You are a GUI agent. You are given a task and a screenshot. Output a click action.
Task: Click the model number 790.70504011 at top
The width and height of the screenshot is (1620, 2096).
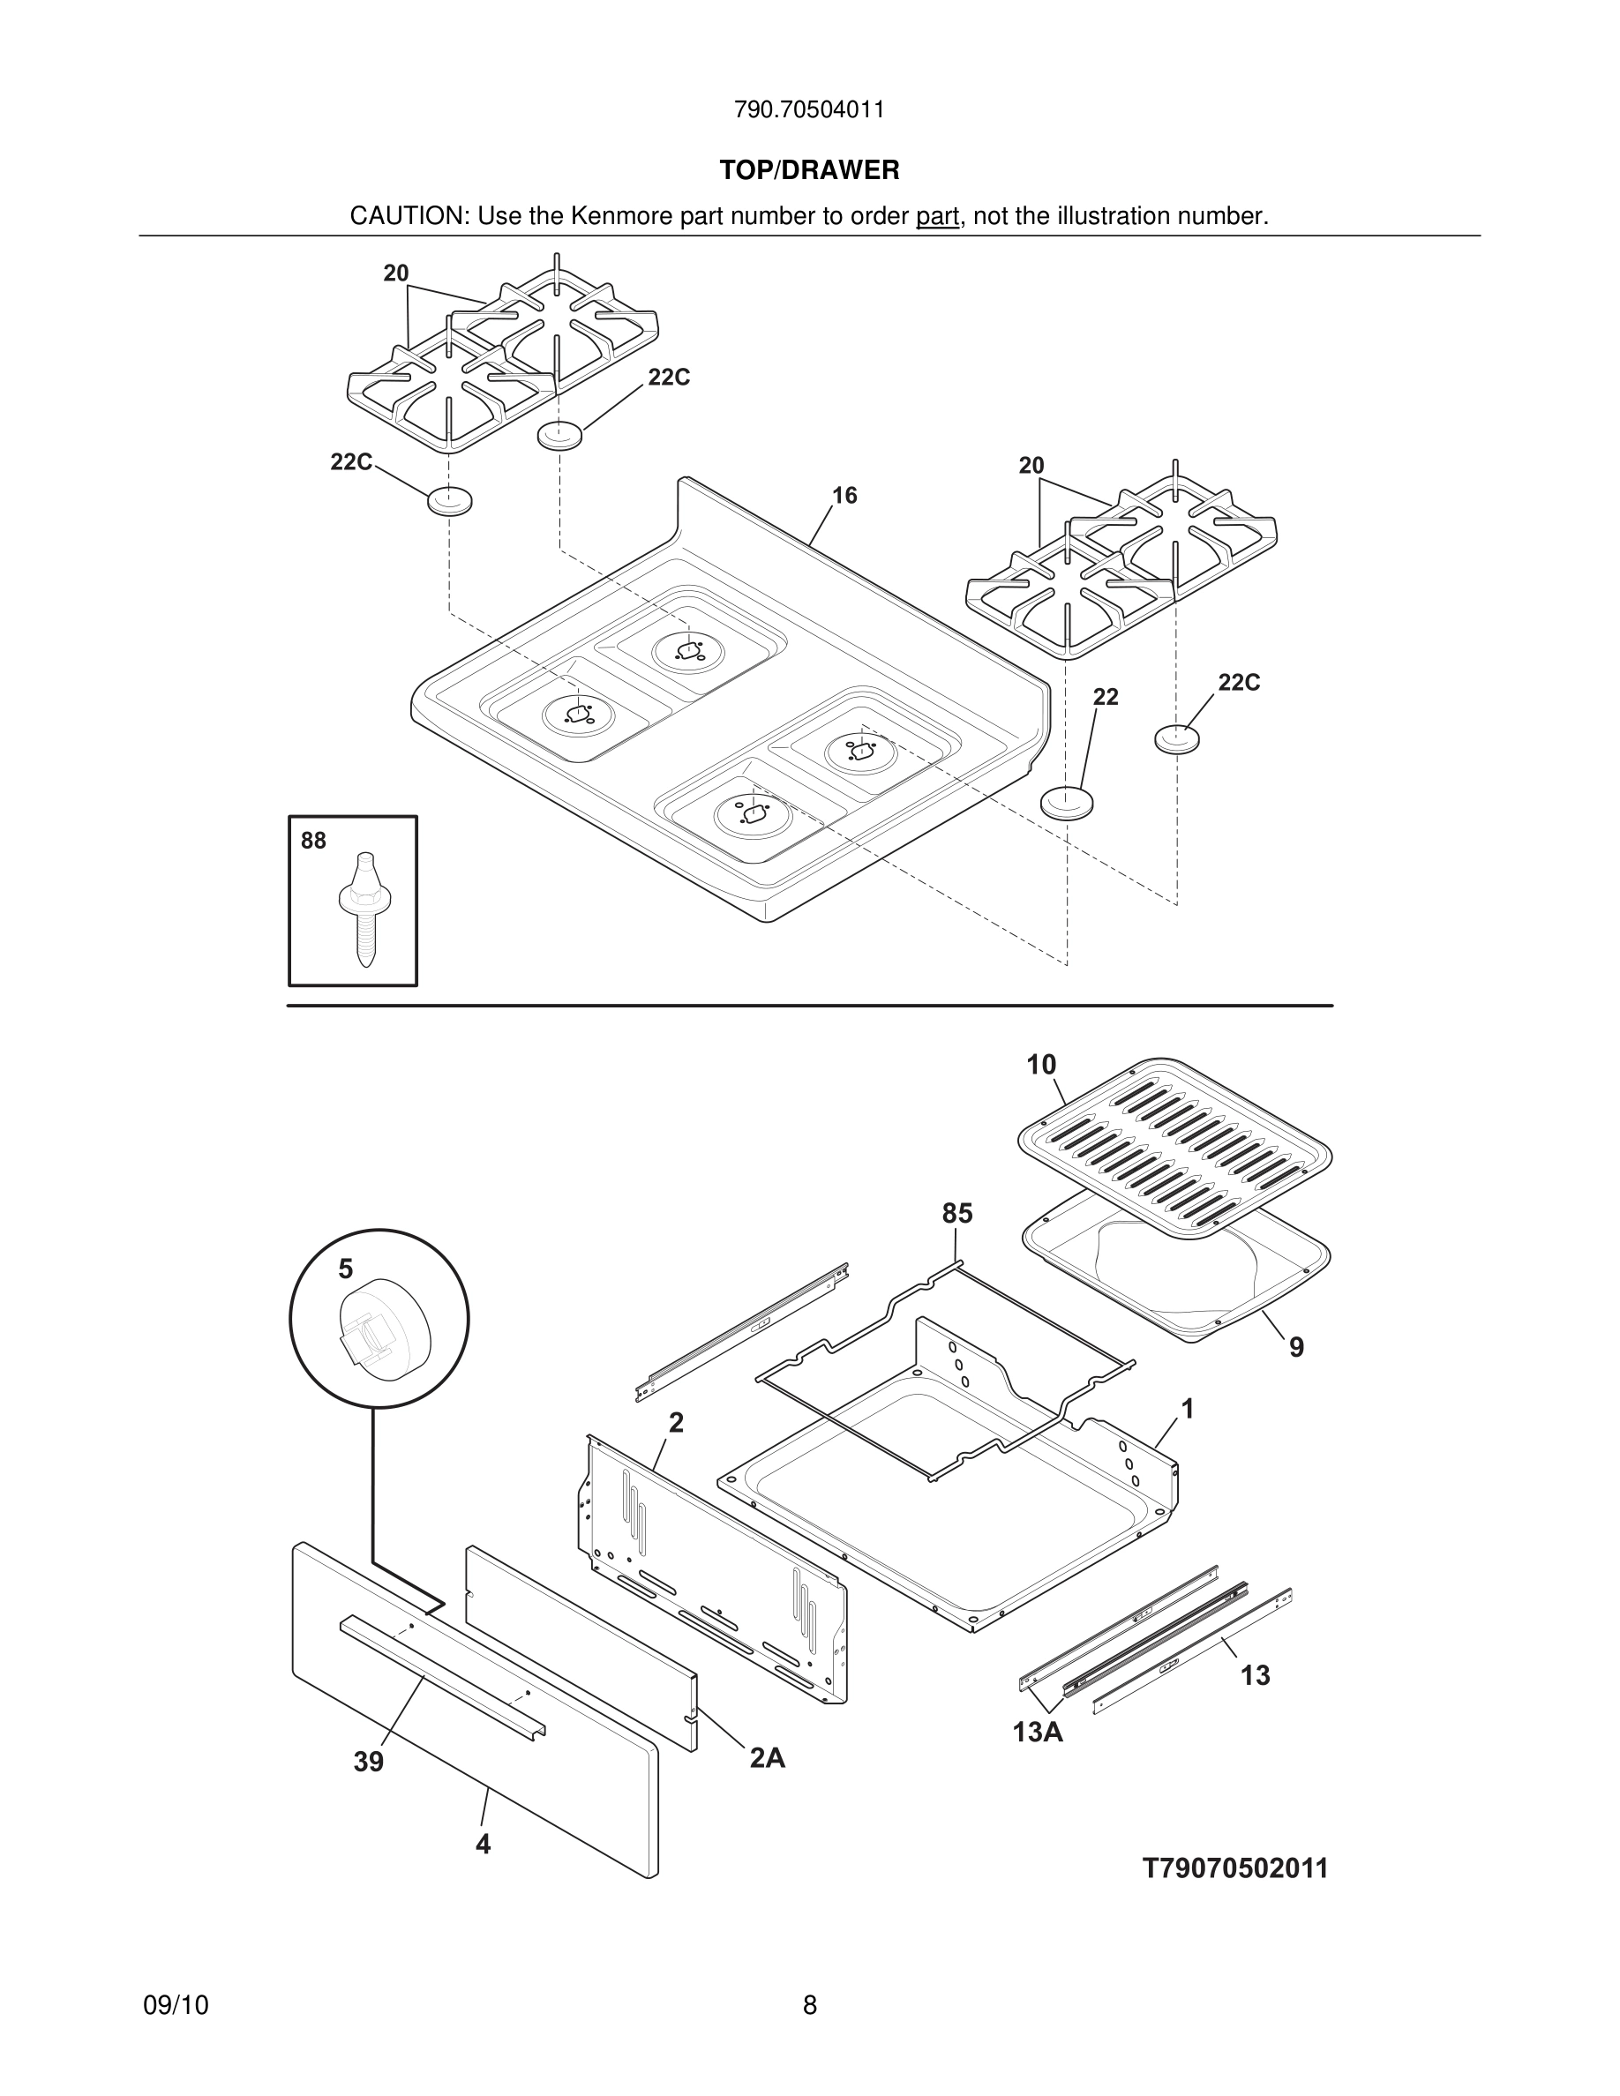point(809,109)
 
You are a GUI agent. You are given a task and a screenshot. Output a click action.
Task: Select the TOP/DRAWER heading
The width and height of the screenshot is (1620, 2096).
point(809,171)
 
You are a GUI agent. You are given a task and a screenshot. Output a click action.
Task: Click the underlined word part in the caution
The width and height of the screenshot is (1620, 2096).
point(937,217)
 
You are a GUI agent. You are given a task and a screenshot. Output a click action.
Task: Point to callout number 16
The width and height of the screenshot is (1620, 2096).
point(844,495)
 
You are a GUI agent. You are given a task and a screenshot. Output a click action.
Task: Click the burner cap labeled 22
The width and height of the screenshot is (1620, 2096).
point(1066,801)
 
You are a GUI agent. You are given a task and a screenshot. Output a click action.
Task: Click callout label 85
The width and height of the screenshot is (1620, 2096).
point(956,1214)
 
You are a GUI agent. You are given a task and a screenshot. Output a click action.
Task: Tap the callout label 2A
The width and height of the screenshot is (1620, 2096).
point(767,1758)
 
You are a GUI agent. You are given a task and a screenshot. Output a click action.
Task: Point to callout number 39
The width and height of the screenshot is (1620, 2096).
point(369,1762)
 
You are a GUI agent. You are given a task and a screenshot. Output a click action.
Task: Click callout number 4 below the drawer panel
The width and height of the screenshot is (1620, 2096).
point(483,1845)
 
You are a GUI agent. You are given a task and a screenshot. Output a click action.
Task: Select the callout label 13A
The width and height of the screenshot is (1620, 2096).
point(1038,1733)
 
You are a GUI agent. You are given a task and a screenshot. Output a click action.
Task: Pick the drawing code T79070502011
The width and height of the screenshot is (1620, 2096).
point(1235,1868)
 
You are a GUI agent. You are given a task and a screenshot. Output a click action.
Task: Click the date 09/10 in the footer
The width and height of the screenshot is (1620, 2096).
point(176,2006)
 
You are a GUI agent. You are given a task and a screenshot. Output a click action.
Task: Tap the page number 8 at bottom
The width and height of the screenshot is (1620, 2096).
point(809,2006)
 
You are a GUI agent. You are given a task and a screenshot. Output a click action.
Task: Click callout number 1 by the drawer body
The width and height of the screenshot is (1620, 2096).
point(1187,1409)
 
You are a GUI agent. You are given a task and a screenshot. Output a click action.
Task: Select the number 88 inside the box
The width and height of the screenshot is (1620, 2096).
point(313,841)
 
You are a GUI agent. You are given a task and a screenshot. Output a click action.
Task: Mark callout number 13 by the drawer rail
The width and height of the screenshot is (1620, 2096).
point(1256,1675)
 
